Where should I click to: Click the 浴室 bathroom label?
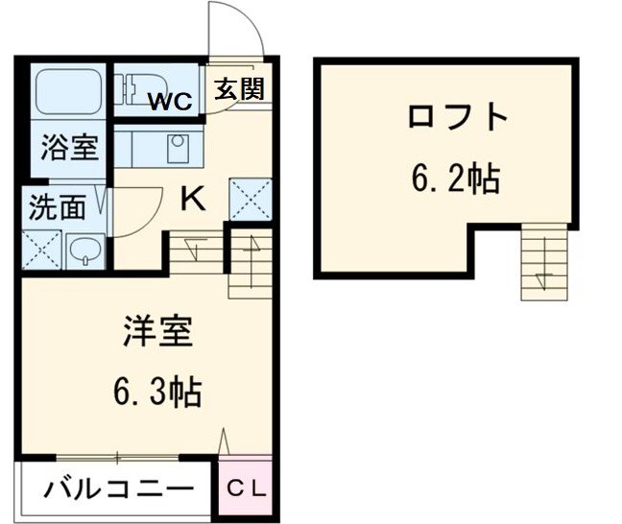pyautogui.click(x=68, y=150)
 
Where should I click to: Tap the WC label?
pyautogui.click(x=173, y=98)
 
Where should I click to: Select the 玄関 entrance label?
pyautogui.click(x=239, y=90)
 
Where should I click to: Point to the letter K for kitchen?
pyautogui.click(x=193, y=201)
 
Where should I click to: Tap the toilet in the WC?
pyautogui.click(x=138, y=88)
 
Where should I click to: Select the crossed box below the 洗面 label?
pyautogui.click(x=40, y=249)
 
